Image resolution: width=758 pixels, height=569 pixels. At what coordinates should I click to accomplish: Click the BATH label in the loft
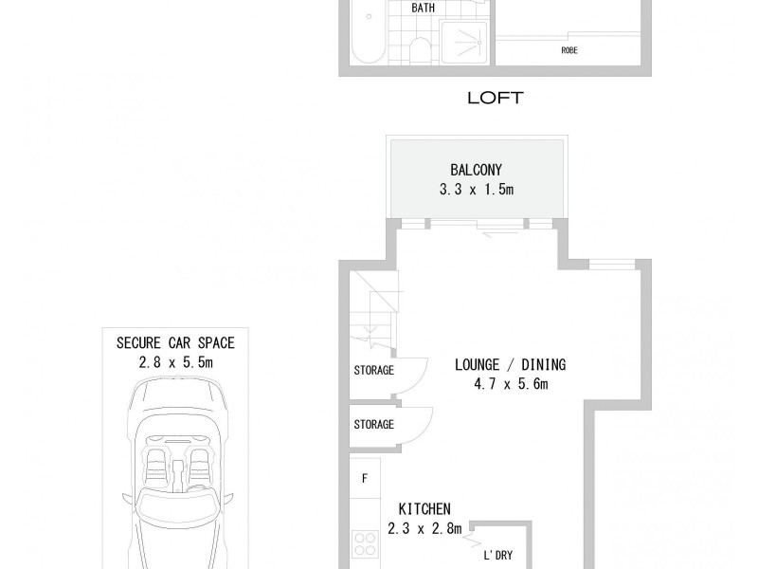point(423,9)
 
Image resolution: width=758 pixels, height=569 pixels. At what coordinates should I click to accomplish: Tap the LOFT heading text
point(495,98)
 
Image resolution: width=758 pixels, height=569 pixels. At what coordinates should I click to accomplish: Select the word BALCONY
point(476,172)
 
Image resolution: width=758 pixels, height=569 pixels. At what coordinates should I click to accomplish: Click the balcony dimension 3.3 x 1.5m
point(476,190)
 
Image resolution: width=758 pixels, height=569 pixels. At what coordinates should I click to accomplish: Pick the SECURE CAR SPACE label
point(175,342)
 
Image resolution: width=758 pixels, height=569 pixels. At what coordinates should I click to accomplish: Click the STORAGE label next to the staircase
point(373,371)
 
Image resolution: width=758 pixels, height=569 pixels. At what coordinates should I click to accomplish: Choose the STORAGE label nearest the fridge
point(373,424)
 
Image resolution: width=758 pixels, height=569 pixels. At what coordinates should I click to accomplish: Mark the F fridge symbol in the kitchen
point(364,477)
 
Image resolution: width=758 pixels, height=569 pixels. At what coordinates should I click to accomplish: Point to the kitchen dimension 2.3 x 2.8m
point(424,528)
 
